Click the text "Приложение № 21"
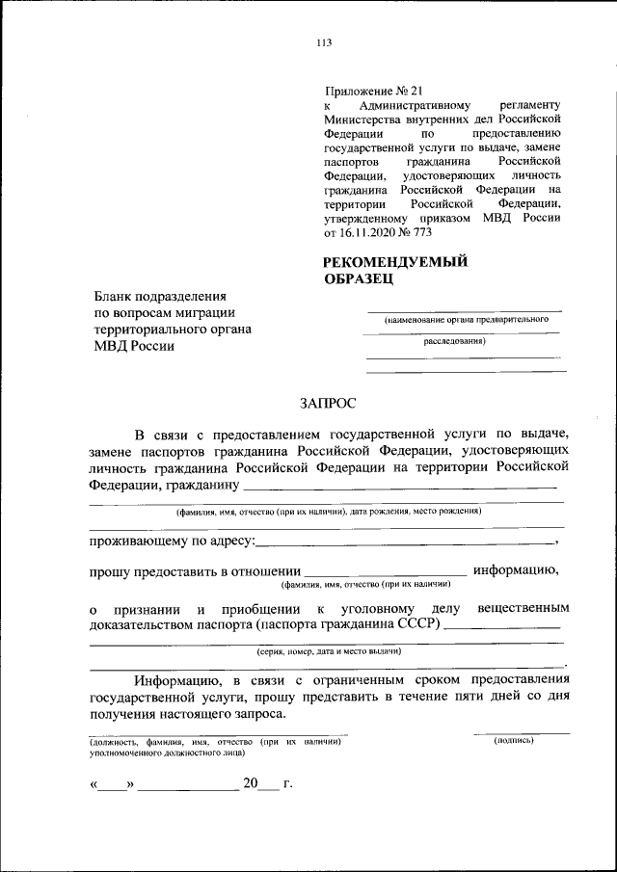368,89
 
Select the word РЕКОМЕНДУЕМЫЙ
395,261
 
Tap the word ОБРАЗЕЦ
359,278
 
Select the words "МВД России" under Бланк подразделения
134,347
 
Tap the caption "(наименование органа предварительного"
461,319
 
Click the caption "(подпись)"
514,740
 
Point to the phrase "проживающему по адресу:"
172,542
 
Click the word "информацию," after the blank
516,569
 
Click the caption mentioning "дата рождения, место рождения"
328,512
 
